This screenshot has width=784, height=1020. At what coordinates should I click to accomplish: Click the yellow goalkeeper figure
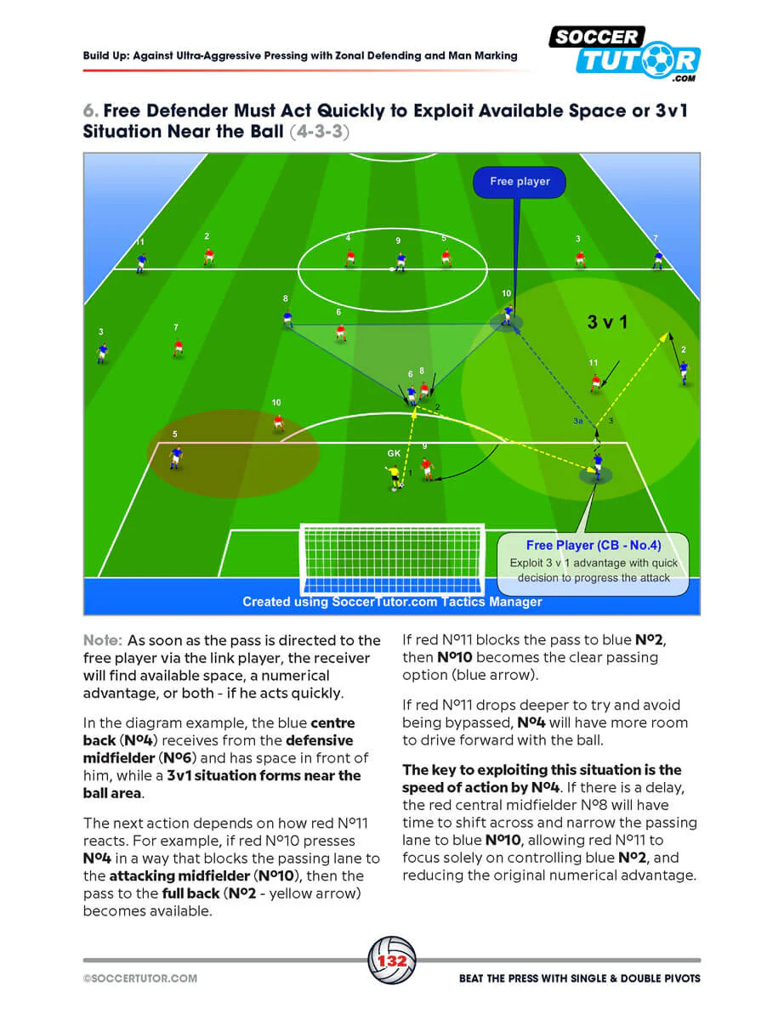click(x=393, y=478)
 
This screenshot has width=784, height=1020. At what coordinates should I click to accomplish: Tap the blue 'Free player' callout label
click(x=520, y=182)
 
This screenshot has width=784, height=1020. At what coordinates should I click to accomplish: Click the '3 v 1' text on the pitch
click(x=606, y=322)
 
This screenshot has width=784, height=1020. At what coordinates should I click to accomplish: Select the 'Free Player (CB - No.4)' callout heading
click(x=594, y=545)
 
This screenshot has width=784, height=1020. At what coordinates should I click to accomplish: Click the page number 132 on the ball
click(x=391, y=960)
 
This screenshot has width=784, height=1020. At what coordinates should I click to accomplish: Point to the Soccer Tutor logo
click(x=624, y=54)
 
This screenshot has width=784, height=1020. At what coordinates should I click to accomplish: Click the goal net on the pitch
click(x=392, y=559)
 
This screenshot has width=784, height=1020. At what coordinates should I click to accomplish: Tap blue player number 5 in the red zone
click(x=176, y=457)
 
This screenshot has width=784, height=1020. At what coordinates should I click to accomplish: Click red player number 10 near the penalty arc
click(x=278, y=422)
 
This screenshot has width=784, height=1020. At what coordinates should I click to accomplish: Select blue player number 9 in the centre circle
click(x=401, y=262)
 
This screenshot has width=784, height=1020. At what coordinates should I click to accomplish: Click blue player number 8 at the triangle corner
click(x=287, y=319)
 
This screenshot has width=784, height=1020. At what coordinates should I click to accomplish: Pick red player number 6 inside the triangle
click(x=341, y=332)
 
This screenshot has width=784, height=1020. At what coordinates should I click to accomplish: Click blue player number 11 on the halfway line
click(x=141, y=263)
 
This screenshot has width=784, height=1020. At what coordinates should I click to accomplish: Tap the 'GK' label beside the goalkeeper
click(x=394, y=453)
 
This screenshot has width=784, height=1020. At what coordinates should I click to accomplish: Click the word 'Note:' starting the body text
click(x=103, y=640)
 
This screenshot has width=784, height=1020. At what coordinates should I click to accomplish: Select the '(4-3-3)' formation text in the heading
click(x=319, y=132)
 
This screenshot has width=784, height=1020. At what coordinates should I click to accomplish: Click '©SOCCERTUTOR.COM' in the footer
click(x=140, y=978)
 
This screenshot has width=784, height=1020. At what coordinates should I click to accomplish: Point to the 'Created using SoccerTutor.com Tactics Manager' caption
click(x=392, y=602)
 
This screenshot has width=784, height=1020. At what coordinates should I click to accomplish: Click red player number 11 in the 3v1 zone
click(x=595, y=382)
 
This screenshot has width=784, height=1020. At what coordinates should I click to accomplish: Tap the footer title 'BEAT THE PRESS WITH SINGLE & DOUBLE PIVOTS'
click(x=579, y=978)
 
